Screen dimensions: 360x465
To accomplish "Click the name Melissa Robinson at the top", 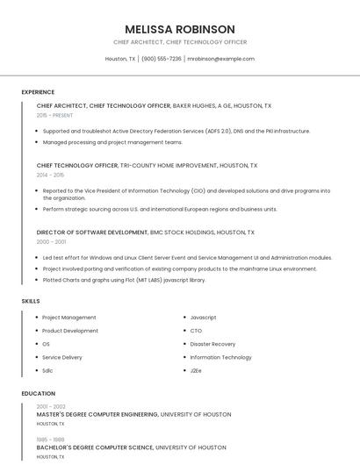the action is [180, 29].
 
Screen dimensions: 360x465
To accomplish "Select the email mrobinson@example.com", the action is [221, 59].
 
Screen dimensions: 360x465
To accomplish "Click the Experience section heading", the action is [38, 91].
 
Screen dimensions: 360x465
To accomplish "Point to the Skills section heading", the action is [31, 301].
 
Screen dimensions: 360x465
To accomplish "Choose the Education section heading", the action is [38, 394].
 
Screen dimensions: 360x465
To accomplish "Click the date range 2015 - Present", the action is [54, 115].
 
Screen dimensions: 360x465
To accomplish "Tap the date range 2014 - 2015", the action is [50, 175].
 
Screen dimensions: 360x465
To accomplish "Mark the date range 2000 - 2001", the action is [51, 241].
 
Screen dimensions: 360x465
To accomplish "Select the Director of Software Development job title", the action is [92, 232].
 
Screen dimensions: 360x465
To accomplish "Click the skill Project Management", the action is [69, 318].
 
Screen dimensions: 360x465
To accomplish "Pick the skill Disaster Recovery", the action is [212, 344].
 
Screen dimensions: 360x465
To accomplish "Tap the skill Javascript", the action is [203, 318].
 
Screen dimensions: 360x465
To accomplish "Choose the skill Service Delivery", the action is [62, 357].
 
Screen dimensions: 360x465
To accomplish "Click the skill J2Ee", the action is [197, 370].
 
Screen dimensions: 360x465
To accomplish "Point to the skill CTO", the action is [196, 331].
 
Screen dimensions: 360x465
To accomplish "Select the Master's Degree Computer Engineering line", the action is [133, 414].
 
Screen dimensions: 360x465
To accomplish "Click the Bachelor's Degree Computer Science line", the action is [131, 447].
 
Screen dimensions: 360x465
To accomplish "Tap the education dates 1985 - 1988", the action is [51, 440].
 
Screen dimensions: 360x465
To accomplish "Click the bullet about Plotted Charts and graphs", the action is [124, 280].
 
